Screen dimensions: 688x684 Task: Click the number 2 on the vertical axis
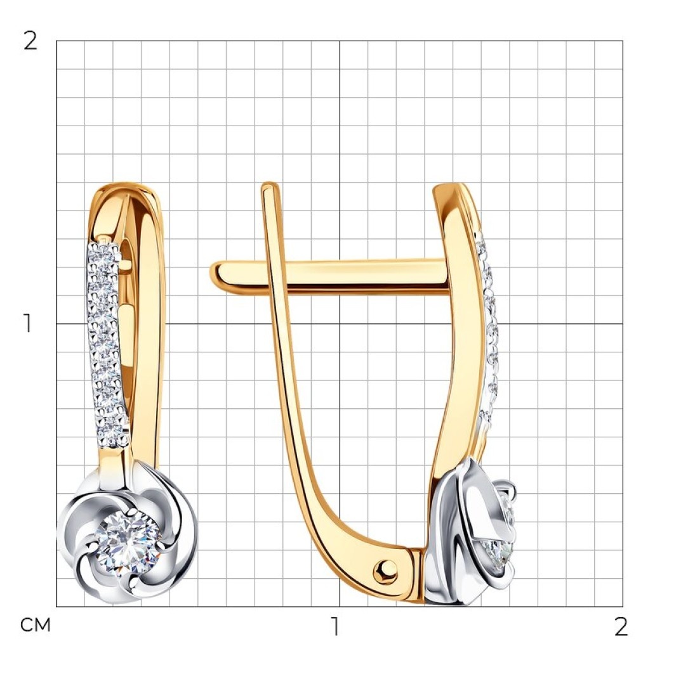[x=30, y=41]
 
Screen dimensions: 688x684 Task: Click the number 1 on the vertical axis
[x=28, y=323]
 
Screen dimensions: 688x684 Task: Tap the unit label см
[x=35, y=625]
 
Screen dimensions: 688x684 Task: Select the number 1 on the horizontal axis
[x=336, y=626]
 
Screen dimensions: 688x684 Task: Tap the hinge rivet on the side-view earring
[x=385, y=571]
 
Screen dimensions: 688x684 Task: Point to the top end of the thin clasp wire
[x=270, y=186]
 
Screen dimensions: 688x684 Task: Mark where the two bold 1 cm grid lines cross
[x=339, y=324]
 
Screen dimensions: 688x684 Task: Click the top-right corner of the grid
[x=623, y=41]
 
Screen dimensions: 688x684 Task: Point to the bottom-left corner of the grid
[x=56, y=607]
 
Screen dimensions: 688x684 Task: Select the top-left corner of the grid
[x=56, y=41]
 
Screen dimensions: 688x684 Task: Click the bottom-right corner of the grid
[x=623, y=607]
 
